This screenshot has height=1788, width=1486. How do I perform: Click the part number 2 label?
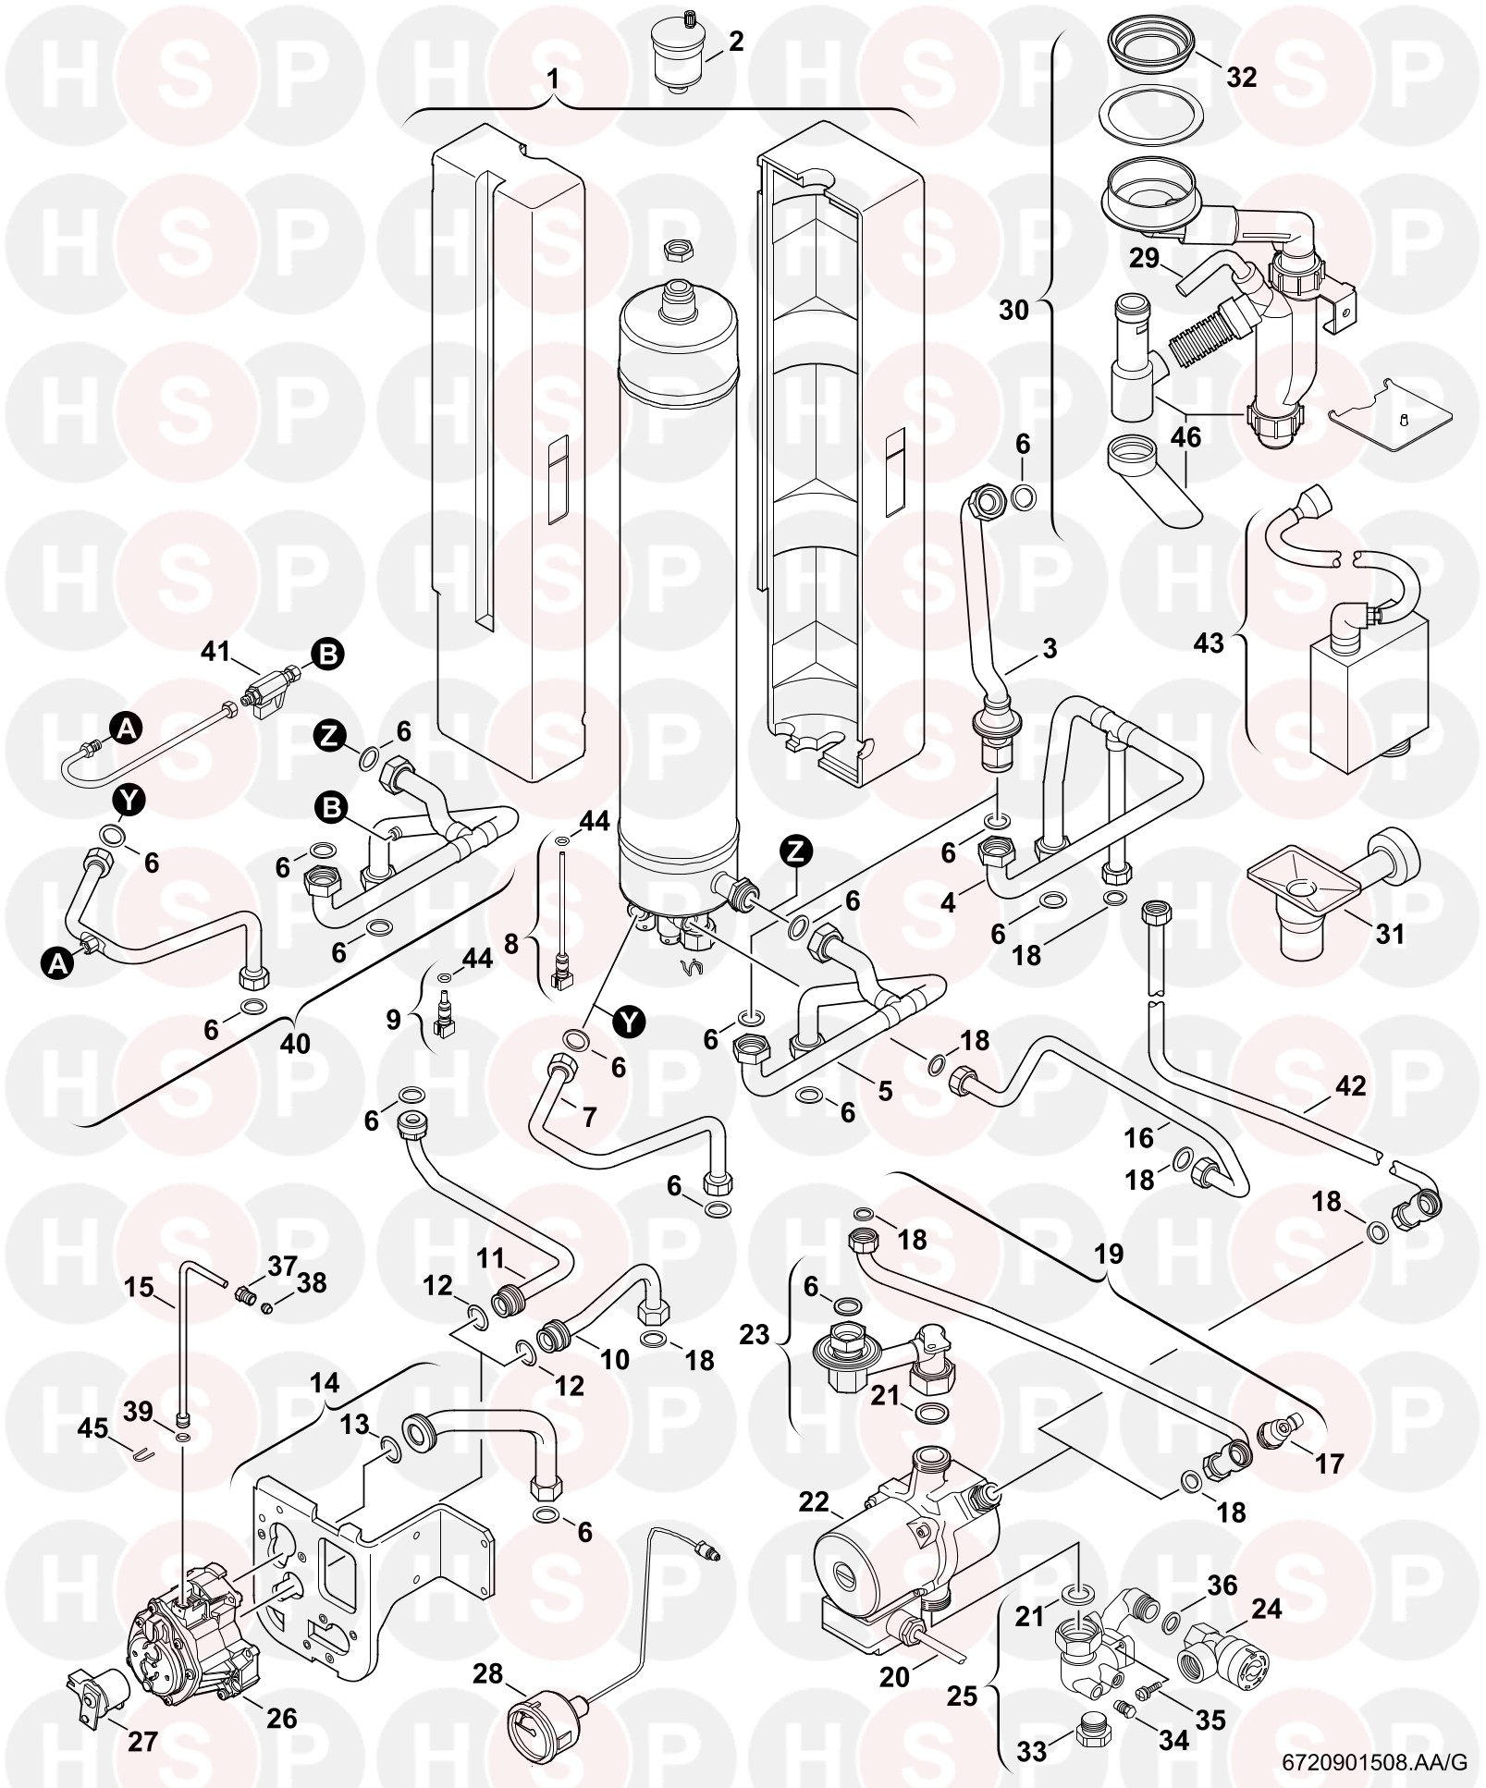(x=736, y=43)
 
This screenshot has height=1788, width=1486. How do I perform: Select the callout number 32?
(x=1241, y=78)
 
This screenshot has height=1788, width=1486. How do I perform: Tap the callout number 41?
(x=215, y=653)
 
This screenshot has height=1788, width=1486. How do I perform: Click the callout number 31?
(x=1389, y=935)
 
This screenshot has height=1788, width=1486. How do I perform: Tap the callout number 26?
(x=281, y=1718)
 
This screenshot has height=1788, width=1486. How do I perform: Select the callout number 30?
(x=1013, y=310)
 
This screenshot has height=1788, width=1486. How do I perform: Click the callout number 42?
(x=1350, y=1084)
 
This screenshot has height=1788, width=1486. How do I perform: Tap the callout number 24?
(x=1266, y=1609)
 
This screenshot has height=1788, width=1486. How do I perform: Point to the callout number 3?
(x=1049, y=649)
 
